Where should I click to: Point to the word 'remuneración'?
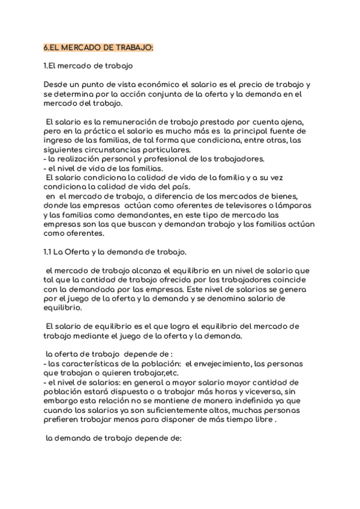tap(113, 122)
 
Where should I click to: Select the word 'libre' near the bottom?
tap(263, 420)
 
